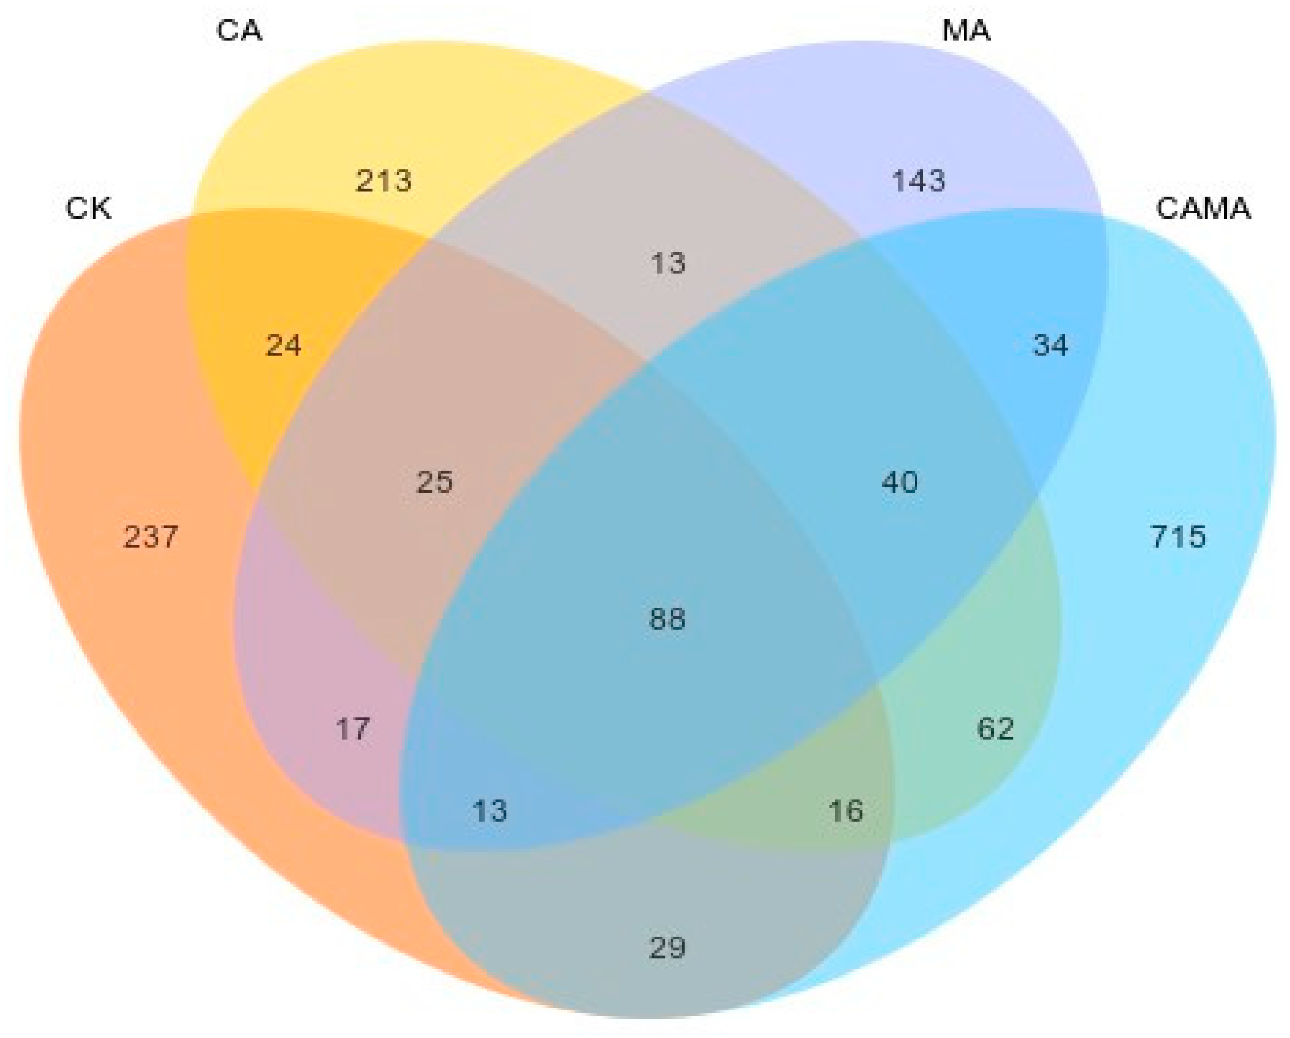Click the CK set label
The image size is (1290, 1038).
coord(88,209)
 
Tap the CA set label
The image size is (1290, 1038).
coord(239,30)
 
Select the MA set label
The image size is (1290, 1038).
coord(966,30)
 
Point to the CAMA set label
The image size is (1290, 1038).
coord(1203,209)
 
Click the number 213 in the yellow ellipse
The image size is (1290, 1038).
coord(384,181)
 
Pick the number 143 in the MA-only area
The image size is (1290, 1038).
coord(919,181)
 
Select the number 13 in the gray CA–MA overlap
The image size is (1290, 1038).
coord(668,263)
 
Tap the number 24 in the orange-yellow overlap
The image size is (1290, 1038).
coord(283,346)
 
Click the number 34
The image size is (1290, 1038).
coord(1051,346)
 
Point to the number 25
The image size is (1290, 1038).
coord(434,482)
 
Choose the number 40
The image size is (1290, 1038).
coord(900,482)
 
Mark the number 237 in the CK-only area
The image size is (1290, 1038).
coord(150,537)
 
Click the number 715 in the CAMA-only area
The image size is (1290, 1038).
coord(1178,537)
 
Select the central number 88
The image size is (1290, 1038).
coord(667,619)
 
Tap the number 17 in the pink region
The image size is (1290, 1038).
coord(353,729)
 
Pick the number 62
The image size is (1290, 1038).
coord(996,729)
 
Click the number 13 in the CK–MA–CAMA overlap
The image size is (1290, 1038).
coord(490,811)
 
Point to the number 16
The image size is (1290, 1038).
coord(847,811)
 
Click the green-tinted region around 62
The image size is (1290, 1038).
coord(981,772)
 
